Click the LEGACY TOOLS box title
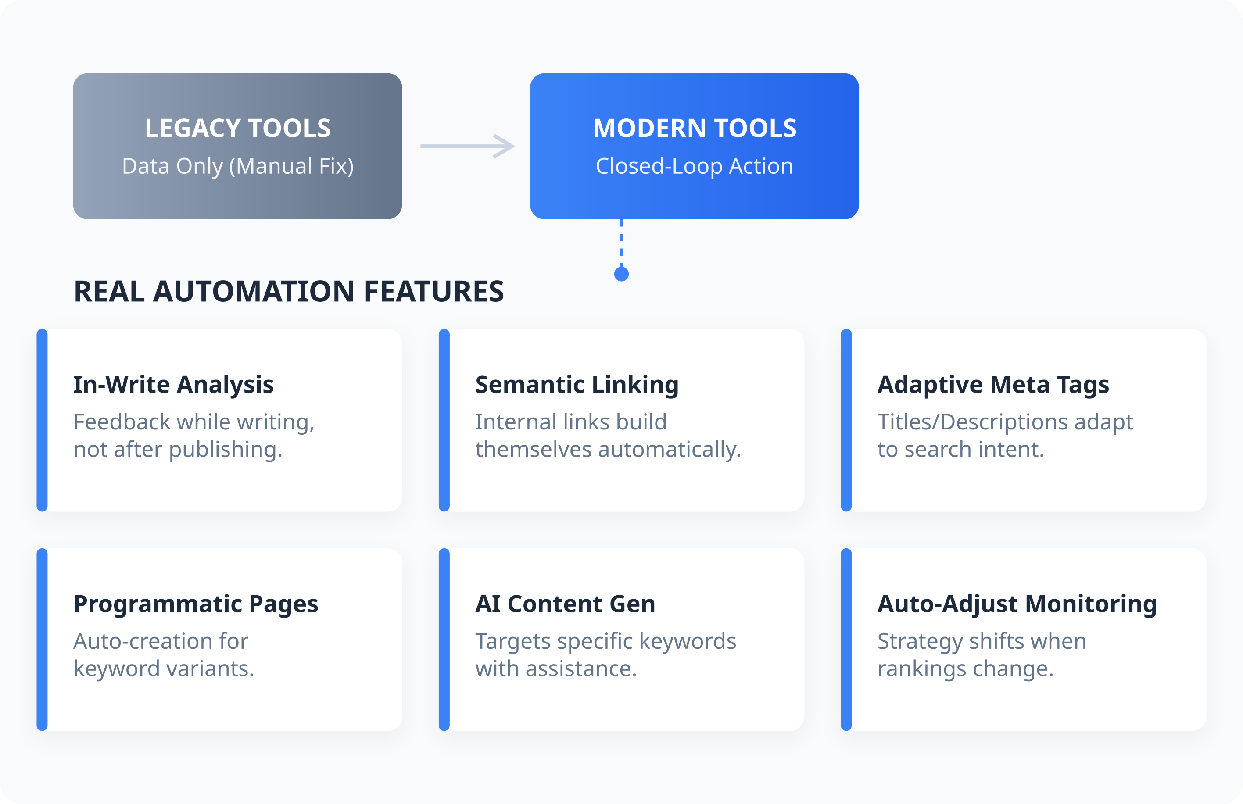[238, 128]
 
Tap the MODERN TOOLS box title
[695, 128]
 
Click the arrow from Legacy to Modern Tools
[467, 146]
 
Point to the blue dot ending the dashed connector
[621, 274]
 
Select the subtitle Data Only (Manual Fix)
[238, 166]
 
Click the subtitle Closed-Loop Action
[695, 166]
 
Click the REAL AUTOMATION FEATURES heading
[289, 291]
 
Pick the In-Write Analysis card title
[173, 385]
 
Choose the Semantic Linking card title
[577, 385]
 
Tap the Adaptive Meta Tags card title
[993, 385]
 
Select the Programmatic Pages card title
[196, 604]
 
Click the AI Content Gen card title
[565, 604]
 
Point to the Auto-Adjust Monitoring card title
[1017, 604]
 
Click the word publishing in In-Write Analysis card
[226, 450]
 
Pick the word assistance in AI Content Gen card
[581, 669]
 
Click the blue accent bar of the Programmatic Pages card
[42, 640]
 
